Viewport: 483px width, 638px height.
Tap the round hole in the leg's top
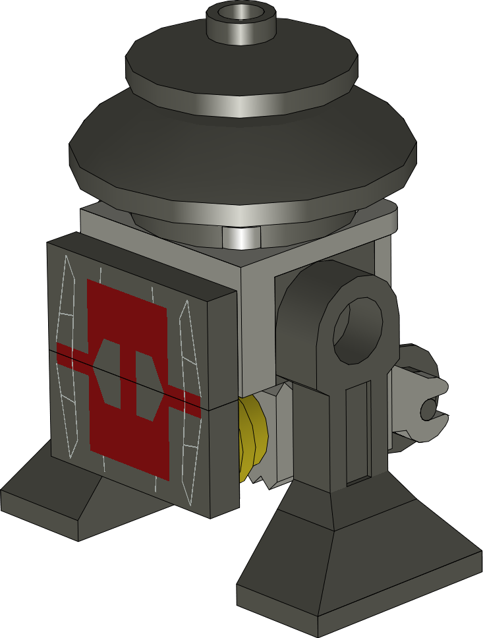click(x=358, y=330)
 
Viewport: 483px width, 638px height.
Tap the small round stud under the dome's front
click(x=240, y=237)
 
